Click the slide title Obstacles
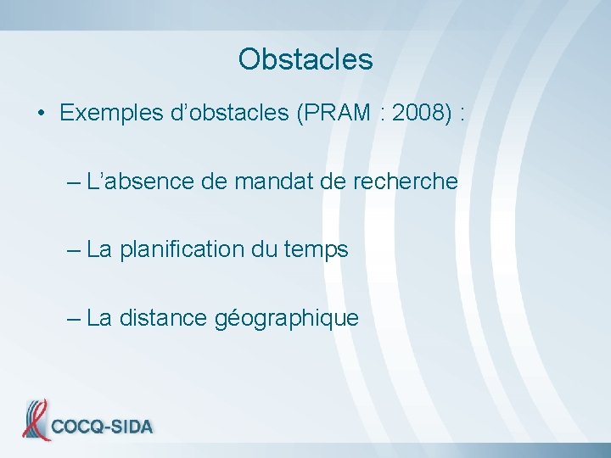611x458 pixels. coord(305,59)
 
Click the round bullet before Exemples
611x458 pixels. coord(41,114)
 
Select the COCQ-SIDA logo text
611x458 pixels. coord(102,427)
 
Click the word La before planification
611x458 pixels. coord(99,250)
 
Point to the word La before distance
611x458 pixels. coord(99,318)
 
